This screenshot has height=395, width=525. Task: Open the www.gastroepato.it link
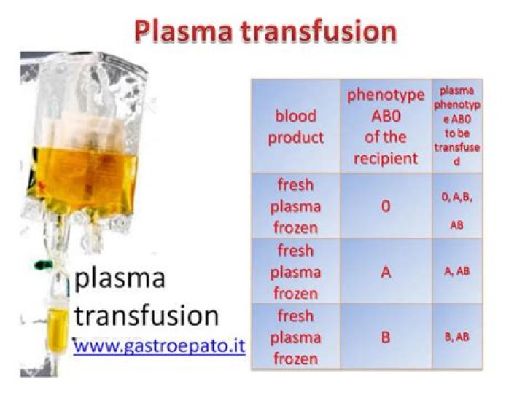click(160, 345)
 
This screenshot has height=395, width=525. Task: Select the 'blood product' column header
click(295, 127)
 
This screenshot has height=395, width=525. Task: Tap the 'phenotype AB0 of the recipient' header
click(385, 127)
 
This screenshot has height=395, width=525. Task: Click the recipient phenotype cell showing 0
click(385, 206)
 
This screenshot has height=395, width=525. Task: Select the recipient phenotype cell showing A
click(385, 272)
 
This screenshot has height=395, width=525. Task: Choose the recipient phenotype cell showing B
click(385, 337)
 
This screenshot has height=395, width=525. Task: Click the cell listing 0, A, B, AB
click(456, 206)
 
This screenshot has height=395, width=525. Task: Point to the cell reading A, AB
click(456, 272)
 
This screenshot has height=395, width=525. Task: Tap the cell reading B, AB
click(456, 337)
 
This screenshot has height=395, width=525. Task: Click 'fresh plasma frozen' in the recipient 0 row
click(295, 206)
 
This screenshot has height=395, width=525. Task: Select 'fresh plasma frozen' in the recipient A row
click(295, 272)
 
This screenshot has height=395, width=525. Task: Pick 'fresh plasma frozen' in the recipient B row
click(295, 337)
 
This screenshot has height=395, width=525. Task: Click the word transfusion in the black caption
click(146, 315)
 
